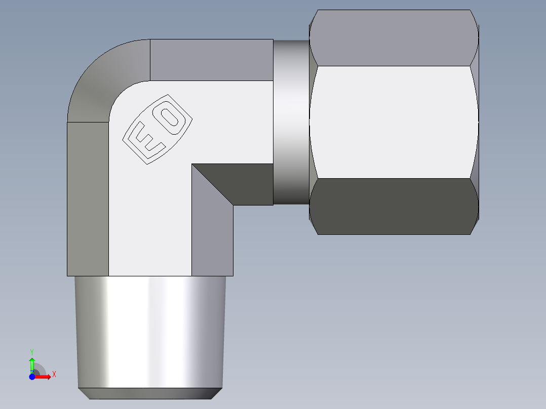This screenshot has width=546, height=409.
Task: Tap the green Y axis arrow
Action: point(32,363)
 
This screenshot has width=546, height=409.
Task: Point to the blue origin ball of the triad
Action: point(32,376)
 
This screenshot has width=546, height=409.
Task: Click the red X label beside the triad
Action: point(54,375)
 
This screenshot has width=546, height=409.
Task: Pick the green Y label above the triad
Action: point(32,351)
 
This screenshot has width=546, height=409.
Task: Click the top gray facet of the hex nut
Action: point(394,38)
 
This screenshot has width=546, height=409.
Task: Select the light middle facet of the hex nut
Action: point(394,121)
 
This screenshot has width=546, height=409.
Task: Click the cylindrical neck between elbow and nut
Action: point(291,121)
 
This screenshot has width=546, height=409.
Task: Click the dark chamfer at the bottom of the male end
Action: point(150,393)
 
